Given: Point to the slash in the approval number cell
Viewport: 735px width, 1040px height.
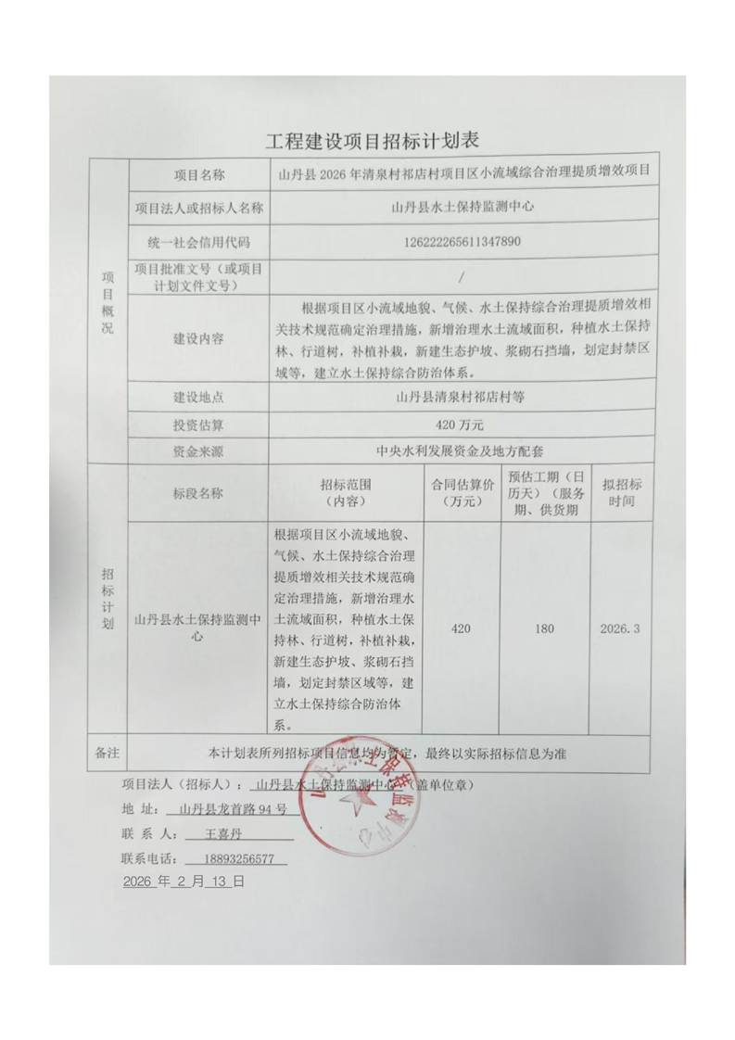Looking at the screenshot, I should tap(461, 276).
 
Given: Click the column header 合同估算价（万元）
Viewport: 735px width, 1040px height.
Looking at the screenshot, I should tap(461, 493).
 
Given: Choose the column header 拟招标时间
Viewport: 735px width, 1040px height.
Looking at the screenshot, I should tap(622, 493).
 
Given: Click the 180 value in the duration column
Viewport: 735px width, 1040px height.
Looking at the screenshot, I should tap(544, 629).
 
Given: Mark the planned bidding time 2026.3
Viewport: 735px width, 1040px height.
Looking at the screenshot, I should tap(621, 629).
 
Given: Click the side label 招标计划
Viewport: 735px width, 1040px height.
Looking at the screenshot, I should tap(108, 601).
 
